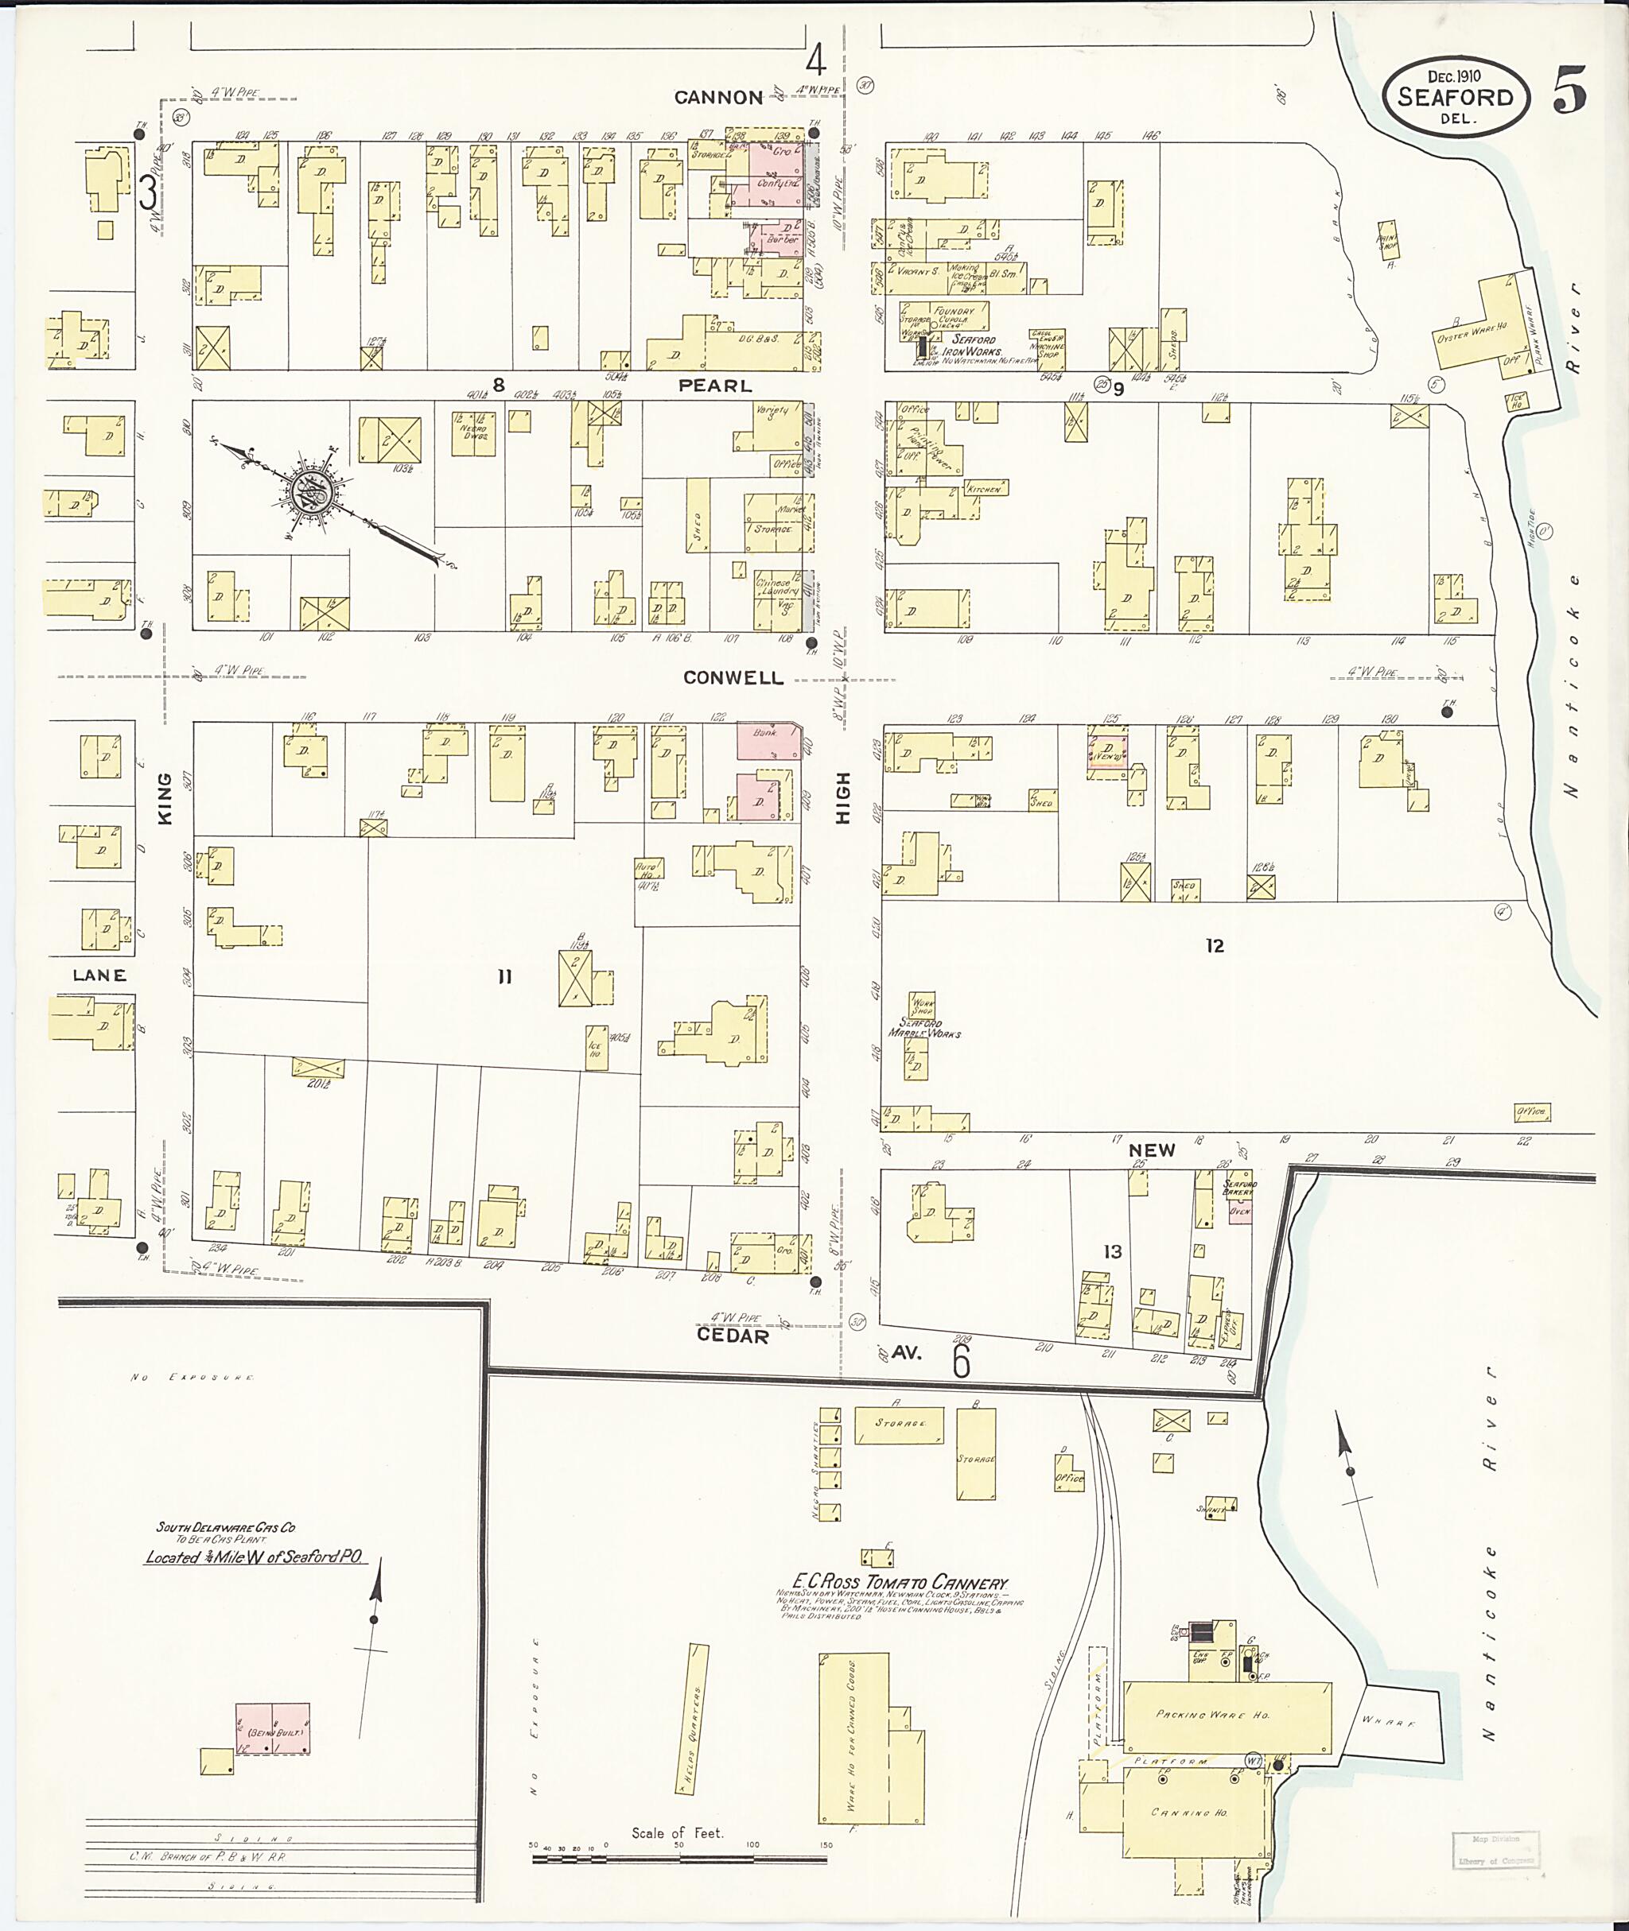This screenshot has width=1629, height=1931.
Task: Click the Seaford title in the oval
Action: point(1455,97)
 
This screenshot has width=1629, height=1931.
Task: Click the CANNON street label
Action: point(718,97)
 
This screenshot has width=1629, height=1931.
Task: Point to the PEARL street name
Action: point(715,385)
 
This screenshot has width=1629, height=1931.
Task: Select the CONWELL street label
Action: point(733,677)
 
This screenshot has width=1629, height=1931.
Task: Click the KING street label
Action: point(165,798)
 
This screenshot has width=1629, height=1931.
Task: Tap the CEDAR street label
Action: point(733,1336)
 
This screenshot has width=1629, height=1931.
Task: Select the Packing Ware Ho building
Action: point(1227,1714)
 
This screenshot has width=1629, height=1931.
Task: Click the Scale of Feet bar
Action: point(678,1858)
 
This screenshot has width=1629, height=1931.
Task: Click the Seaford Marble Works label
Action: point(923,1028)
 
